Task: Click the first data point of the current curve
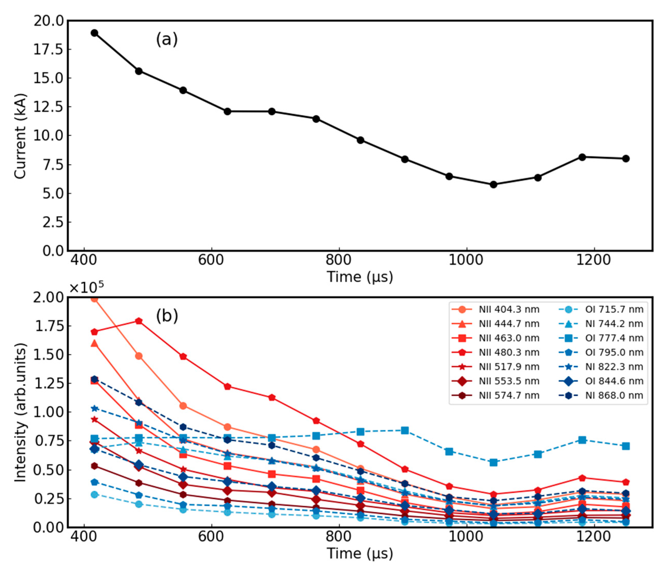[94, 33]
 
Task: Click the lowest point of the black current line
[493, 184]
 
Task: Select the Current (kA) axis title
[20, 136]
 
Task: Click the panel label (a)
[167, 40]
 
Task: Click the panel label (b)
[167, 316]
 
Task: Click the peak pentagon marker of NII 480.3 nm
[139, 321]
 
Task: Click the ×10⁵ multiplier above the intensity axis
[86, 287]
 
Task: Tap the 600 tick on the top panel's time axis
[211, 259]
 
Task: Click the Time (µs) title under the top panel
[360, 277]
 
